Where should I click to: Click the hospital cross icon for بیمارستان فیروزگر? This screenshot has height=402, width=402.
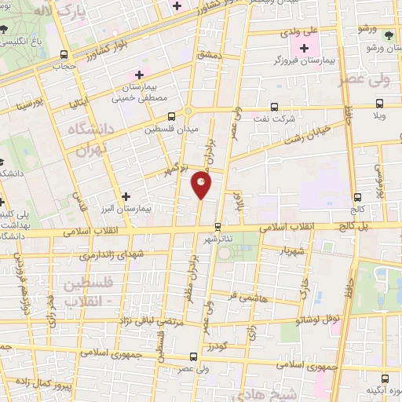click(304, 48)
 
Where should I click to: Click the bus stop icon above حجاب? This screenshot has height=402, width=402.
click(64, 55)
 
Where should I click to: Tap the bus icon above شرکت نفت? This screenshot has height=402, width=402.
click(274, 107)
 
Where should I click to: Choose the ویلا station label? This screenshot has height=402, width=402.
click(380, 115)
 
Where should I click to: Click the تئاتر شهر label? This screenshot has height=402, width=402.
click(219, 238)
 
